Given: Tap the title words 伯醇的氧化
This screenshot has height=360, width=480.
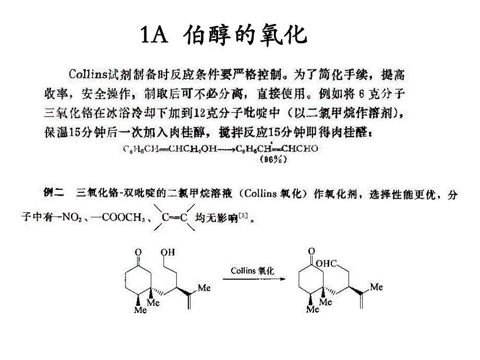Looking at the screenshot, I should (245, 35).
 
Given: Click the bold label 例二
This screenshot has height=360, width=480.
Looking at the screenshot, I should (52, 194).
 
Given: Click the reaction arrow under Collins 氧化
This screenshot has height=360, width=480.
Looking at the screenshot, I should (255, 279).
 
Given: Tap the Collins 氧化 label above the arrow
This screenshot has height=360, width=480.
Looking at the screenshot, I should (253, 271).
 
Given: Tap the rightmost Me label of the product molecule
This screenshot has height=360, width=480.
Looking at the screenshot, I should (377, 286).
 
